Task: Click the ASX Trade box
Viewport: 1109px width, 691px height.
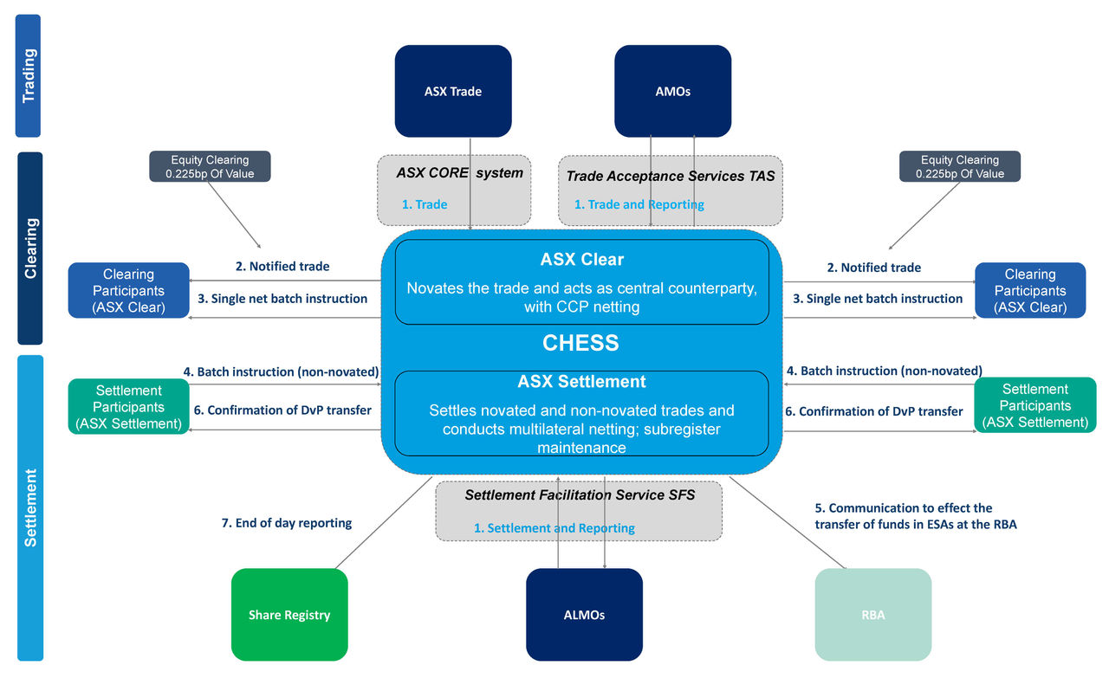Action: click(453, 91)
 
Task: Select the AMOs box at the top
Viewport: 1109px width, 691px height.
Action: click(672, 91)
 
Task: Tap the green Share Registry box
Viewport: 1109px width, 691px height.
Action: click(289, 615)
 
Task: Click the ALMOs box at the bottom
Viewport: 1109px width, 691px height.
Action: click(584, 615)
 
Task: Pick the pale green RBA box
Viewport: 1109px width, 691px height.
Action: click(872, 615)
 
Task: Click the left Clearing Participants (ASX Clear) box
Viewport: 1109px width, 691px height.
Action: click(128, 290)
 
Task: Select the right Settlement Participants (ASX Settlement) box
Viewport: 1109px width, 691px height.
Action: click(1034, 405)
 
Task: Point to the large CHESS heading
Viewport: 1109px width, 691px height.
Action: click(580, 343)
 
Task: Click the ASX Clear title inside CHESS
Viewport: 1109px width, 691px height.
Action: click(581, 260)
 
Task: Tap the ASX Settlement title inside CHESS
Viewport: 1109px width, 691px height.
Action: click(581, 382)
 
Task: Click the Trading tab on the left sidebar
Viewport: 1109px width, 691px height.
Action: click(29, 76)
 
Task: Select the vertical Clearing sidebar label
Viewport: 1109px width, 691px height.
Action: click(29, 249)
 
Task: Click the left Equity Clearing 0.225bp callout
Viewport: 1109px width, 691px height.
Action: click(210, 166)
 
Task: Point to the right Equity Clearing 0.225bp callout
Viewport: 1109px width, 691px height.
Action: click(960, 166)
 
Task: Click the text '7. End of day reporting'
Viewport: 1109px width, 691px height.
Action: click(287, 523)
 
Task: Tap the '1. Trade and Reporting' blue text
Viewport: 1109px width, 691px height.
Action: click(639, 204)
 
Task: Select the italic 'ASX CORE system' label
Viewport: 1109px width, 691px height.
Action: click(459, 172)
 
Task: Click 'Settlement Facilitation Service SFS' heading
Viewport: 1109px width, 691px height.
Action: click(580, 495)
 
